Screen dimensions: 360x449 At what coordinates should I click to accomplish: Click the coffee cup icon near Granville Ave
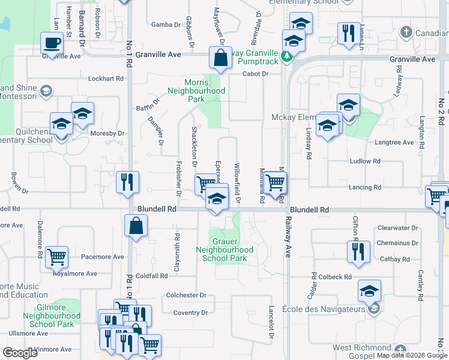[52, 43]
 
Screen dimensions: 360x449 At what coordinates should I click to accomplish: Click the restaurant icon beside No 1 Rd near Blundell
[127, 182]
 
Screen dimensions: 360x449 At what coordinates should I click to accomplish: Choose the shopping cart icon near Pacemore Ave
[56, 257]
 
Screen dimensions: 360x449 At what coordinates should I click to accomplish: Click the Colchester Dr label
[186, 295]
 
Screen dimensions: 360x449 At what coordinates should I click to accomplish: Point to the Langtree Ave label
[394, 142]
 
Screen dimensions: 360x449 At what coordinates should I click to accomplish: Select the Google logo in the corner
[20, 352]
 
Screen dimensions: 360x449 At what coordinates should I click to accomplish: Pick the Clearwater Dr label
[399, 228]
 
